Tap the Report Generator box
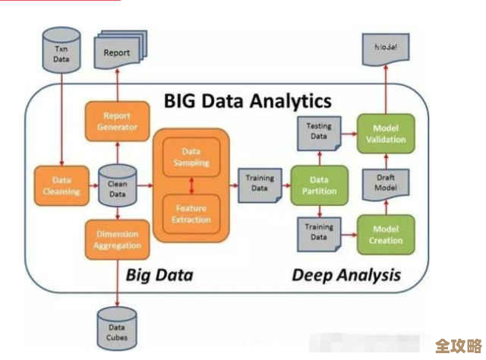click(118, 122)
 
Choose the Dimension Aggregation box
click(118, 239)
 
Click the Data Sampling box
click(191, 157)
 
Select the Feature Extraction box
click(191, 213)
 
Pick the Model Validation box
click(386, 133)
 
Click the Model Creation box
click(386, 235)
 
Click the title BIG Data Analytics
click(248, 100)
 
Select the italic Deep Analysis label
click(346, 274)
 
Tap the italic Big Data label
click(159, 274)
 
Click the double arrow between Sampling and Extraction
click(191, 185)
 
